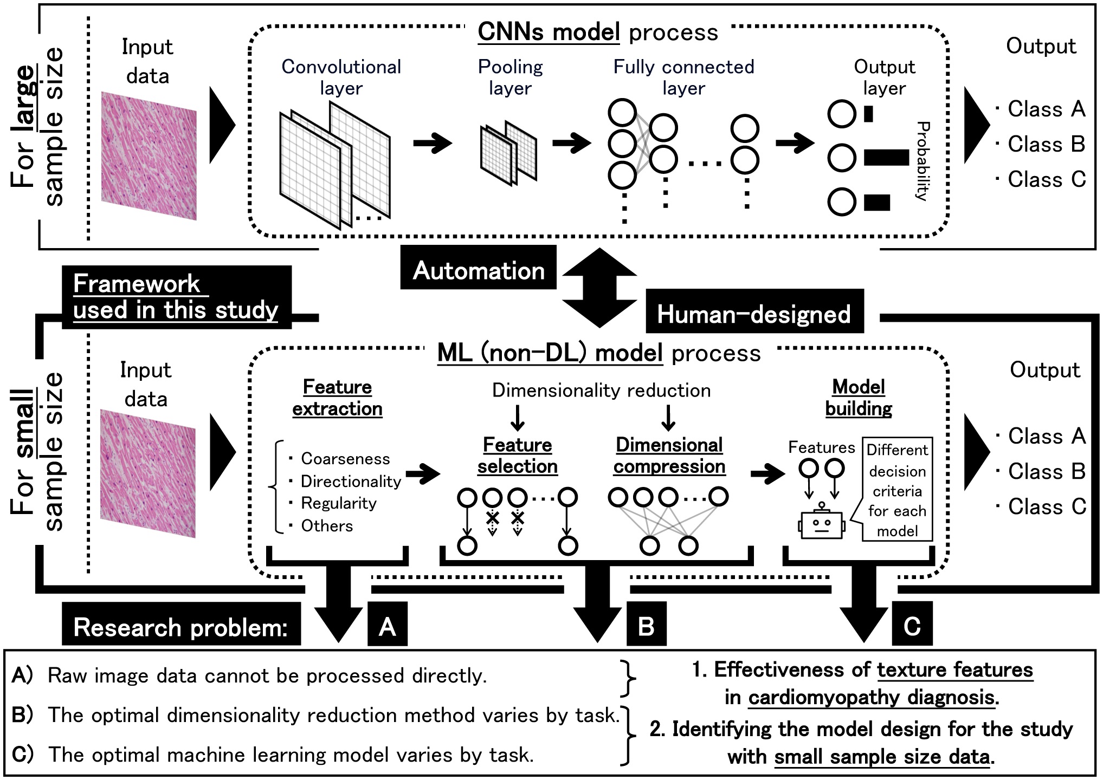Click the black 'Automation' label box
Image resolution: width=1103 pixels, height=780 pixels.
(478, 270)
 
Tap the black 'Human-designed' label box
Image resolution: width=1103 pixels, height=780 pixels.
(754, 314)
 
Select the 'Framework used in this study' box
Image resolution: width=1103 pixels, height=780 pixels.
(176, 297)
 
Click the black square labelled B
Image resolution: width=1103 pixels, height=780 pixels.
(646, 626)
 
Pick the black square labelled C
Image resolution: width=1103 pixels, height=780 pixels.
(912, 626)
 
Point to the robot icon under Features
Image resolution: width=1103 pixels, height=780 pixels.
(822, 523)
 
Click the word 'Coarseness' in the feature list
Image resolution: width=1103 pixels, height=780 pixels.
(345, 459)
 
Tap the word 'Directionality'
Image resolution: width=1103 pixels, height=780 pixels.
(351, 481)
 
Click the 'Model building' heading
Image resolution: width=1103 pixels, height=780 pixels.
(859, 397)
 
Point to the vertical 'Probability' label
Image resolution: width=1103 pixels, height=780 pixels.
(923, 161)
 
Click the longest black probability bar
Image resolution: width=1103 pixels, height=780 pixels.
(886, 158)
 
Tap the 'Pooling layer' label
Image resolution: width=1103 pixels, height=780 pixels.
(510, 77)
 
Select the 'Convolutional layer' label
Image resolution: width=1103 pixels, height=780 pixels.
(341, 77)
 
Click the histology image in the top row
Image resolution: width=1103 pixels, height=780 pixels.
(149, 156)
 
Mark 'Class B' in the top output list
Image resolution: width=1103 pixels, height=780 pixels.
(1046, 144)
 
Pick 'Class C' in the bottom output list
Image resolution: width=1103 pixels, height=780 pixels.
(1047, 506)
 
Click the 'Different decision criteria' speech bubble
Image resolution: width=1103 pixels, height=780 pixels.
(897, 490)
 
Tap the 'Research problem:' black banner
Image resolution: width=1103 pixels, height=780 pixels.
(180, 627)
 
